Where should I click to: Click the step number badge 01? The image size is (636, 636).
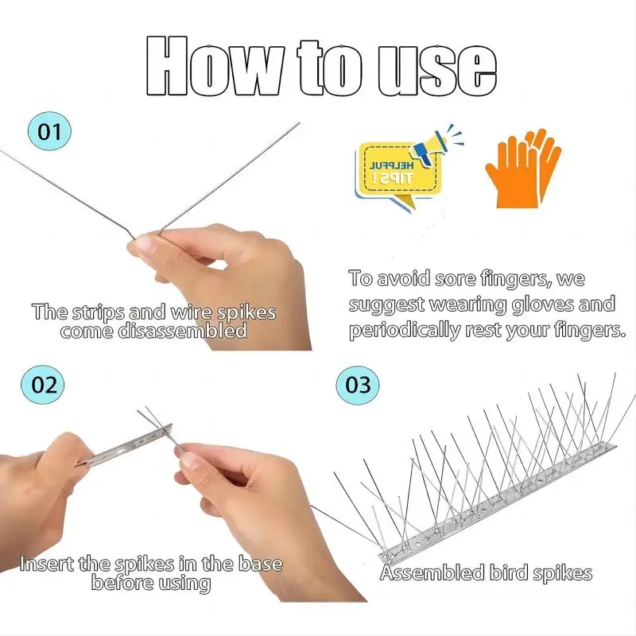click(49, 132)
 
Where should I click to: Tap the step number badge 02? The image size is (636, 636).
click(45, 384)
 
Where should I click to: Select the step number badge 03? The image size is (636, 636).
click(359, 385)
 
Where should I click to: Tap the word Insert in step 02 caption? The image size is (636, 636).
click(47, 564)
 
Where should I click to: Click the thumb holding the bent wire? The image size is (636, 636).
click(148, 244)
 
